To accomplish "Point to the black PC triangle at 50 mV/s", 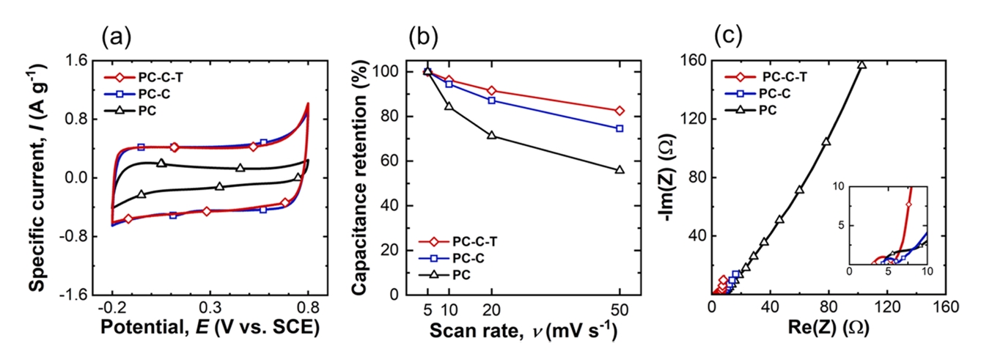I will point(620,169).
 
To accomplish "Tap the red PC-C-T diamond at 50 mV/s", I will point(620,111).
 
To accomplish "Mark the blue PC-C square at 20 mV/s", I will point(492,100).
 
